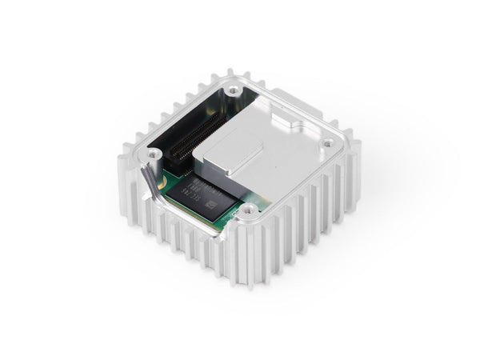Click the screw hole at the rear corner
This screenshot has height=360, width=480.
(x=232, y=91)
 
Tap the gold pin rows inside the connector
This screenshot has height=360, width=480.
(x=188, y=144)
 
